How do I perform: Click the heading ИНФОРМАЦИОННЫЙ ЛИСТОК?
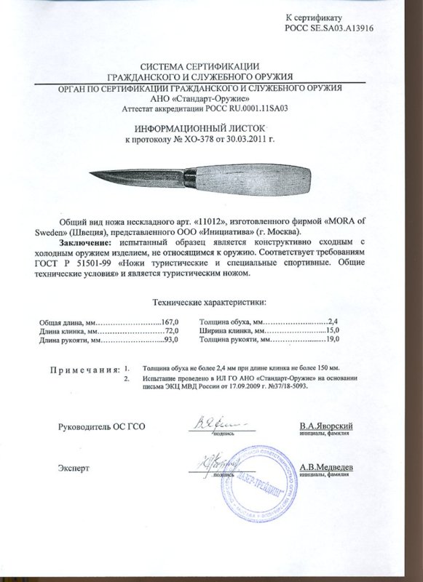pos(210,127)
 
